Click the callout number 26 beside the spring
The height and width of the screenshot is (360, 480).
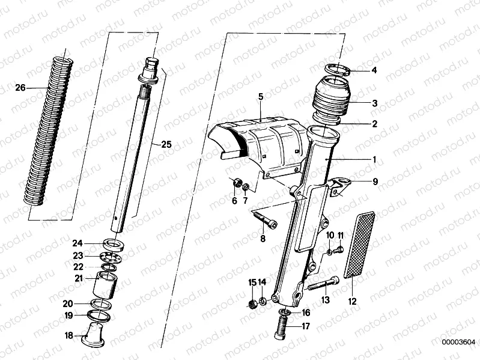pyautogui.click(x=20, y=88)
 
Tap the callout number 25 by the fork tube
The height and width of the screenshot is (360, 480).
pyautogui.click(x=166, y=144)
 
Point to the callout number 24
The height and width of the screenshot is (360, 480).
pyautogui.click(x=77, y=243)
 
